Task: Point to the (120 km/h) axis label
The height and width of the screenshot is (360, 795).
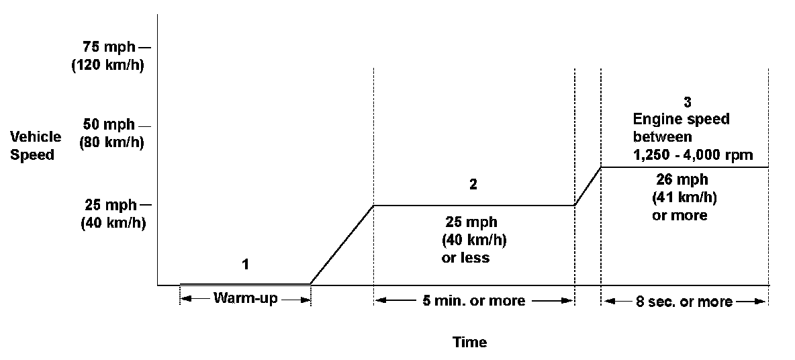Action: [x=107, y=66]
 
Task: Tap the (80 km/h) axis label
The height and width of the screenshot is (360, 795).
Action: [x=110, y=142]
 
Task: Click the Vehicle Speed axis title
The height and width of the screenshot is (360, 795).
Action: [x=36, y=145]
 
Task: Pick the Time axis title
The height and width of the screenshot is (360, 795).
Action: [x=469, y=342]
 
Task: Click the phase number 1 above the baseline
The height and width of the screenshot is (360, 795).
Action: [x=245, y=265]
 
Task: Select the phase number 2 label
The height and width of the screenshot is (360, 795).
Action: [x=473, y=185]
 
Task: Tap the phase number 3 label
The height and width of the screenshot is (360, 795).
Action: [x=686, y=102]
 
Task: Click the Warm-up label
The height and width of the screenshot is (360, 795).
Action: [x=244, y=298]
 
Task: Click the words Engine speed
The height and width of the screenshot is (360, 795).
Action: [x=681, y=120]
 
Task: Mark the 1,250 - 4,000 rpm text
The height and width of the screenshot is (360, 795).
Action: [x=692, y=155]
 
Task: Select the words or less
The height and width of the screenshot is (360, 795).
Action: [x=465, y=258]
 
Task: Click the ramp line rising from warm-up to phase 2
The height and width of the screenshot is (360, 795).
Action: [x=341, y=245]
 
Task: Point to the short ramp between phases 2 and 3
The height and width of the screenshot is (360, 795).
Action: [x=588, y=186]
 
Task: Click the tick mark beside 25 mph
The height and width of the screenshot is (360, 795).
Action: [x=146, y=205]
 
